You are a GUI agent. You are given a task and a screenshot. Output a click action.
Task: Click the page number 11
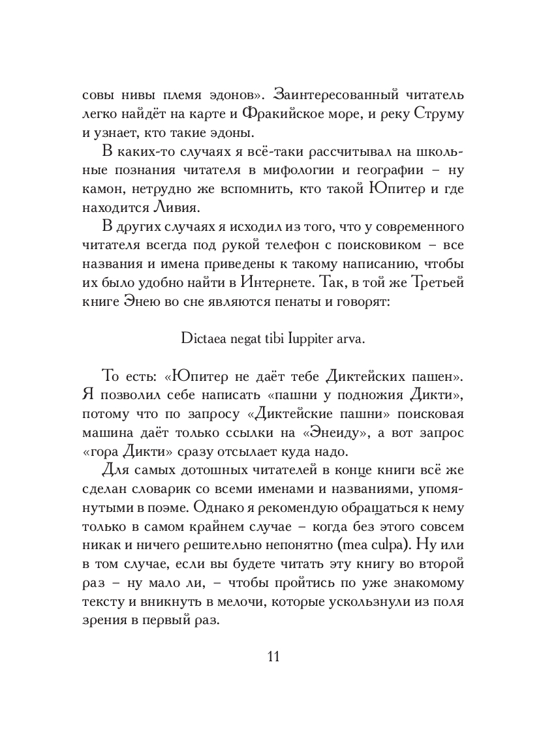(x=273, y=656)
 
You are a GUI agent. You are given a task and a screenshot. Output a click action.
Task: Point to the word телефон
(x=288, y=247)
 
